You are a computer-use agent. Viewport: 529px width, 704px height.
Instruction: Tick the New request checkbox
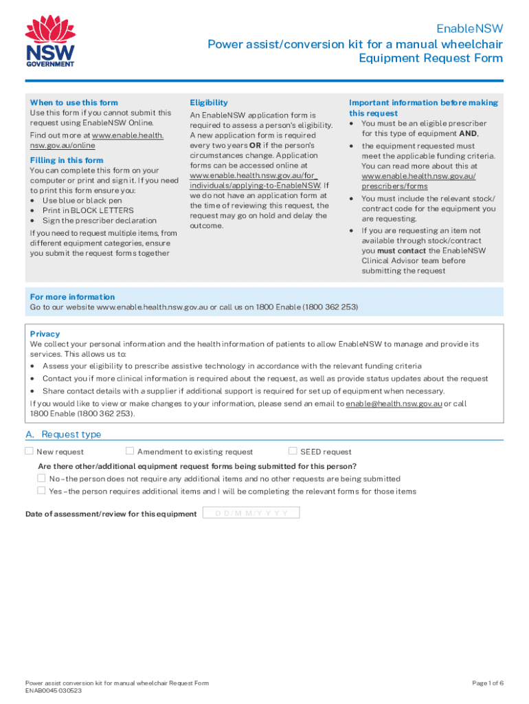click(x=30, y=451)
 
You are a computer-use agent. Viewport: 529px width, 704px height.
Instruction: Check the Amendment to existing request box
click(x=130, y=451)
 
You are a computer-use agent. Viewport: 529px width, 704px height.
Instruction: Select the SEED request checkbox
click(x=293, y=451)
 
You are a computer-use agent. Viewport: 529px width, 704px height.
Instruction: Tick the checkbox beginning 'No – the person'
click(x=41, y=478)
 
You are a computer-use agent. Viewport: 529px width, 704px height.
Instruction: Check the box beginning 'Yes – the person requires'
click(x=41, y=491)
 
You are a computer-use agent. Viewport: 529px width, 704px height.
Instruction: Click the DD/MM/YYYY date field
click(x=251, y=514)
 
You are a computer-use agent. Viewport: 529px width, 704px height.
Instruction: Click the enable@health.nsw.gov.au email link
click(x=393, y=404)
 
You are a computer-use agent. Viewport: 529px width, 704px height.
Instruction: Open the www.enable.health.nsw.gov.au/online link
click(x=96, y=140)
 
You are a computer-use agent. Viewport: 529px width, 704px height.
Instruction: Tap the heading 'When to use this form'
click(x=74, y=102)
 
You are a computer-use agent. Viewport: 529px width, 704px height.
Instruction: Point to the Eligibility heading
click(x=209, y=102)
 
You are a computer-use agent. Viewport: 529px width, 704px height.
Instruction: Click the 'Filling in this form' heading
click(x=67, y=160)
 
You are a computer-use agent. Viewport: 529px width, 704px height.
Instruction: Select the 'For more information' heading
click(x=72, y=297)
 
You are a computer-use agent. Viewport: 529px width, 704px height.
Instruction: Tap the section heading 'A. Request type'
click(x=63, y=434)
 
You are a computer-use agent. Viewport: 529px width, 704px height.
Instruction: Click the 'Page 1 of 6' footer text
click(x=488, y=683)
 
